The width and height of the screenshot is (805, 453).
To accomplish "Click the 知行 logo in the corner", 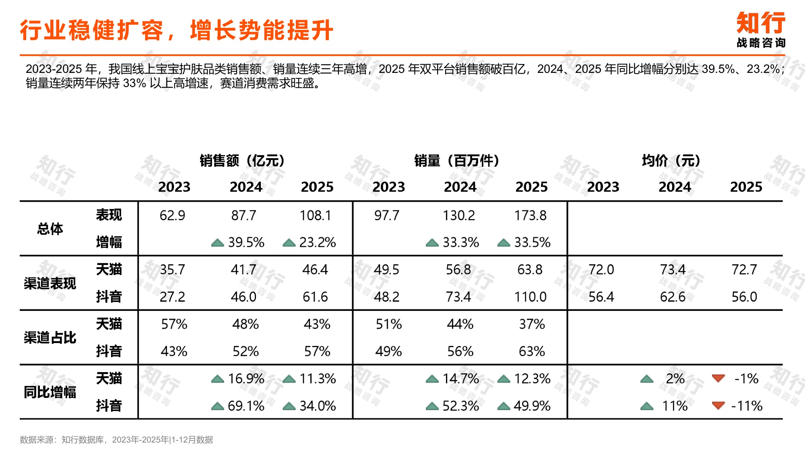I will pyautogui.click(x=760, y=29).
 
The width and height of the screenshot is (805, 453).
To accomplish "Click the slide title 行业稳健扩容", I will pyautogui.click(x=176, y=30).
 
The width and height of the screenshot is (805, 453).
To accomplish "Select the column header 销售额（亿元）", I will pyautogui.click(x=242, y=161).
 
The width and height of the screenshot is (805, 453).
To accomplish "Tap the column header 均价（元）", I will pyautogui.click(x=671, y=161).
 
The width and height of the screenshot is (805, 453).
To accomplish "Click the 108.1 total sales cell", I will pyautogui.click(x=315, y=215).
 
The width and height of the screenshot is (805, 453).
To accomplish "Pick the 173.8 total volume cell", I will pyautogui.click(x=530, y=215).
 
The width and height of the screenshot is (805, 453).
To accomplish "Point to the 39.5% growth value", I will pyautogui.click(x=246, y=242).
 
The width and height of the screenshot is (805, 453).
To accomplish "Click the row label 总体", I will pyautogui.click(x=50, y=229).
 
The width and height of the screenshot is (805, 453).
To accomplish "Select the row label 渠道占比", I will pyautogui.click(x=50, y=337).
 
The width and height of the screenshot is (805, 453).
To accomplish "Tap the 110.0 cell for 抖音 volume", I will pyautogui.click(x=530, y=297).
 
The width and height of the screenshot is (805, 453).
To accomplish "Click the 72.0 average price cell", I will pyautogui.click(x=601, y=270).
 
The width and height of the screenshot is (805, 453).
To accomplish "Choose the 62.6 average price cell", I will pyautogui.click(x=673, y=297).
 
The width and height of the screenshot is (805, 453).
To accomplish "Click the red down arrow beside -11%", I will pyautogui.click(x=718, y=405).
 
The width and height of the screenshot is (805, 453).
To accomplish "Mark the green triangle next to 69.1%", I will pyautogui.click(x=217, y=406).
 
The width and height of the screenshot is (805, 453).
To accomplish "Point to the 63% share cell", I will pyautogui.click(x=531, y=352).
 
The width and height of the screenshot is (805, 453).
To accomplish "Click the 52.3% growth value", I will pyautogui.click(x=460, y=406).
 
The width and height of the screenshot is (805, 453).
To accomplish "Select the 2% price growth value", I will pyautogui.click(x=675, y=379).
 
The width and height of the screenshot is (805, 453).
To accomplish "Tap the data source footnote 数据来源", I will pyautogui.click(x=116, y=440).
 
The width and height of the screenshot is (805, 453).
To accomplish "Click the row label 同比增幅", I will pyautogui.click(x=50, y=392).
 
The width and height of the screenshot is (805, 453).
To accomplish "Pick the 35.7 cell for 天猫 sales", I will pyautogui.click(x=172, y=270).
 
